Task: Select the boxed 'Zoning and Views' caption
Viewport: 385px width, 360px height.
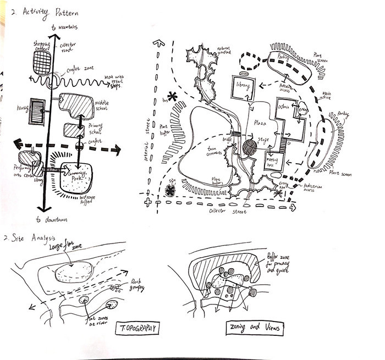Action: tap(255, 328)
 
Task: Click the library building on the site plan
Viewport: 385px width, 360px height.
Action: tap(243, 86)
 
